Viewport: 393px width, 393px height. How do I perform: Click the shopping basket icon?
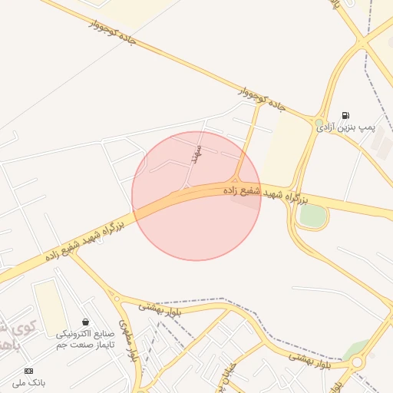click(x=85, y=322)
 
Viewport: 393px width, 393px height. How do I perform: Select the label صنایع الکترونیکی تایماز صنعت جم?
click(x=85, y=339)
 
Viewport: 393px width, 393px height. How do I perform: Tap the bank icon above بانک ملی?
click(x=28, y=371)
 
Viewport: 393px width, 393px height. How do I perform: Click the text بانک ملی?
click(x=29, y=382)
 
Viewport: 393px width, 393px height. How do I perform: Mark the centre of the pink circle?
click(x=196, y=196)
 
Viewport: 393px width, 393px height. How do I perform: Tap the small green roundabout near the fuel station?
click(x=319, y=122)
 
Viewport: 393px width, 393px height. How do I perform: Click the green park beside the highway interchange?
click(x=312, y=216)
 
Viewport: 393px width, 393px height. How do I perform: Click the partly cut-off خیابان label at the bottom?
click(x=218, y=381)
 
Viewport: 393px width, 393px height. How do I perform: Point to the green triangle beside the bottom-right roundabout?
click(x=355, y=349)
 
